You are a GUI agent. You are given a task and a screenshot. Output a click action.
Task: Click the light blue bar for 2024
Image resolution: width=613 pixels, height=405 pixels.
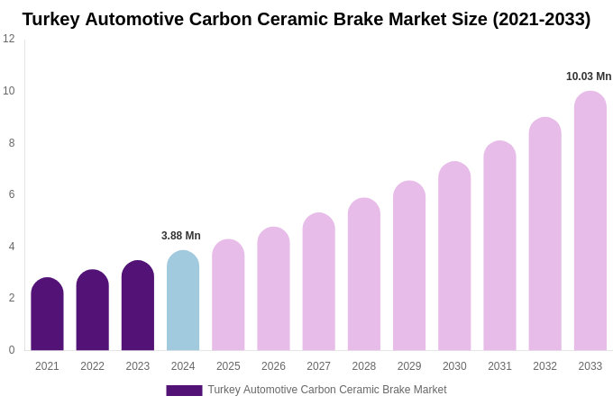[x=183, y=301]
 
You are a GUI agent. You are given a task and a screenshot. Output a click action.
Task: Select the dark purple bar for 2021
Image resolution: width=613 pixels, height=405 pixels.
[x=47, y=315]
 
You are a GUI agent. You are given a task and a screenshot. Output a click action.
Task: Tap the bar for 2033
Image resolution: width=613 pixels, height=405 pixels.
[x=590, y=221]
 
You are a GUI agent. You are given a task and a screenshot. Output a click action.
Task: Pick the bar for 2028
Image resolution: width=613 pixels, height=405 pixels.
[x=364, y=274]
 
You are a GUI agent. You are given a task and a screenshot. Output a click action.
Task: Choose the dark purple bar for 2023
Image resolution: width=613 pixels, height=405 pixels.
[x=138, y=306]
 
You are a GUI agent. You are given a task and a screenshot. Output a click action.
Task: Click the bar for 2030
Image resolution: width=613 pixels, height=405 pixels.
[x=454, y=256]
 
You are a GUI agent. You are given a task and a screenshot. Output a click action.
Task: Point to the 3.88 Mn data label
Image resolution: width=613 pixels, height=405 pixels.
[x=181, y=236]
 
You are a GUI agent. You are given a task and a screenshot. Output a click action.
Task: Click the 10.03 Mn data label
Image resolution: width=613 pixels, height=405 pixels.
[x=589, y=76]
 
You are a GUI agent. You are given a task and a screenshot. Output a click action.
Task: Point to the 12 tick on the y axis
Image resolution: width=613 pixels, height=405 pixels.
[x=9, y=39]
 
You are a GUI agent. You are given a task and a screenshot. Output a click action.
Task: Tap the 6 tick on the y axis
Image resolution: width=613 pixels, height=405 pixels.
[x=12, y=194]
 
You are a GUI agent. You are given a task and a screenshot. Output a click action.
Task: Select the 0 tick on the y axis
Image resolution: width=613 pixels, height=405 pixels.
[x=12, y=350]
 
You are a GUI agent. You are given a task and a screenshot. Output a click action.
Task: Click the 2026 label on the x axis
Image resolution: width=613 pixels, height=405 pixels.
[x=273, y=366]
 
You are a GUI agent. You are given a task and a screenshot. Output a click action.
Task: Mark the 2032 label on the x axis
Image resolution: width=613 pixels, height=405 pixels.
[x=544, y=366]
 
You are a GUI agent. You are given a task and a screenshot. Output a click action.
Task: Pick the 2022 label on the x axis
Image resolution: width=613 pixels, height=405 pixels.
[x=92, y=366]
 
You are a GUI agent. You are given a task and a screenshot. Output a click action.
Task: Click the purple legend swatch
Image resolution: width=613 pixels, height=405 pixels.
[x=184, y=390]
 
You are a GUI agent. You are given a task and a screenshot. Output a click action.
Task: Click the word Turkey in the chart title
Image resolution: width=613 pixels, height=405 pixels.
[x=50, y=19]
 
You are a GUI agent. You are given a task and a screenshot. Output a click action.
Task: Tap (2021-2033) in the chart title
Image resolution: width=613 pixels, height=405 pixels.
[x=541, y=19]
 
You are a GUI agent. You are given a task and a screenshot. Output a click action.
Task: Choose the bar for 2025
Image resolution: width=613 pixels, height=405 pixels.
[x=228, y=295]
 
